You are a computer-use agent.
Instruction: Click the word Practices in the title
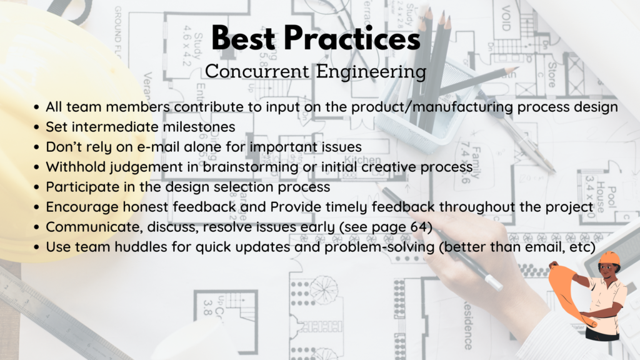coord(362,39)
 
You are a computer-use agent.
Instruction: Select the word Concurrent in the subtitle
coord(251,71)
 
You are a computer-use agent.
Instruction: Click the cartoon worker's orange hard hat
coord(609,259)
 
